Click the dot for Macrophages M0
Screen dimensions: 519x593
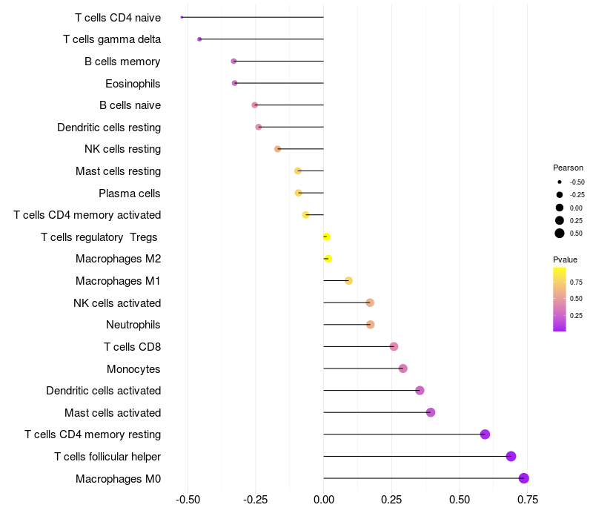click(524, 478)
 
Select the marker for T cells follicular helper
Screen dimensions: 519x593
click(511, 456)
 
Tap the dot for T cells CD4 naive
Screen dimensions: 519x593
click(182, 17)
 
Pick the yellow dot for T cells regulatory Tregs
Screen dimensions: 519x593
click(326, 237)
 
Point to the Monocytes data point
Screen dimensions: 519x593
click(402, 368)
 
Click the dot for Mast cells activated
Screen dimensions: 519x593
click(431, 412)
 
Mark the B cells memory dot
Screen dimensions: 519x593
click(233, 61)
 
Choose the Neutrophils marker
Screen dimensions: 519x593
click(371, 325)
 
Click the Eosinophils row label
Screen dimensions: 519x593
click(133, 83)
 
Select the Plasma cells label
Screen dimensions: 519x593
click(129, 194)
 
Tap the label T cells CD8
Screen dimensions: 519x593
click(132, 347)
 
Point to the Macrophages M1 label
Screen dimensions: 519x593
click(118, 281)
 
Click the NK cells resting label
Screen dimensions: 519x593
click(122, 149)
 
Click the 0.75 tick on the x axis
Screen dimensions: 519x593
click(528, 499)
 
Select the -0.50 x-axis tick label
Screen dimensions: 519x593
click(188, 499)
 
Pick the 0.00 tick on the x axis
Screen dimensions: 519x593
click(324, 499)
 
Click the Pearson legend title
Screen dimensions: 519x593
click(568, 168)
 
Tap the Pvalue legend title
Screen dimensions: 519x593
click(565, 259)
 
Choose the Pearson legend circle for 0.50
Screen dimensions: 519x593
click(560, 234)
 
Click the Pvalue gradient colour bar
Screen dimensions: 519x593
click(560, 299)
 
